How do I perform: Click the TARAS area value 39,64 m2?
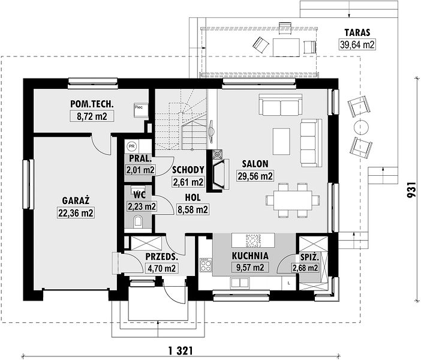[x=357, y=44]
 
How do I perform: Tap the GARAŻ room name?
[x=76, y=200]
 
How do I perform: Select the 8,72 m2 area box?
[x=92, y=116]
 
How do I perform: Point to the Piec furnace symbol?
[x=141, y=110]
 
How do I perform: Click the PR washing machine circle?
[x=131, y=146]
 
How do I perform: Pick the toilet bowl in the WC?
[x=139, y=221]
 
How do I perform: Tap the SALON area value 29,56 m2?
[x=255, y=176]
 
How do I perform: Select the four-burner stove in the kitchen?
[x=206, y=265]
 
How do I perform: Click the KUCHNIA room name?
[x=250, y=256]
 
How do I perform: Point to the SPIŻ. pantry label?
[x=309, y=257]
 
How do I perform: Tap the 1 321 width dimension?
[x=181, y=351]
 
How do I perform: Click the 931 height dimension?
[x=411, y=190]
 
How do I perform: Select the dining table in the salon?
[x=293, y=200]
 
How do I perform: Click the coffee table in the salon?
[x=281, y=142]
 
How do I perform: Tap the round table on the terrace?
[x=361, y=127]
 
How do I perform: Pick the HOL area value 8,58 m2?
[x=193, y=209]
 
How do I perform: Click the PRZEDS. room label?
[x=162, y=257]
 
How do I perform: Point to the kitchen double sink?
[x=239, y=283]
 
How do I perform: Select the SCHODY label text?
[x=188, y=170]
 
